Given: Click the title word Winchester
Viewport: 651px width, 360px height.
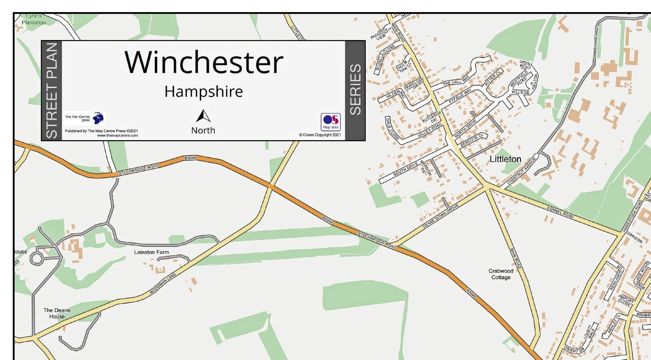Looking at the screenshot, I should [x=204, y=62].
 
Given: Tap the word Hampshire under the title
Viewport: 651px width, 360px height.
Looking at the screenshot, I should [x=204, y=91].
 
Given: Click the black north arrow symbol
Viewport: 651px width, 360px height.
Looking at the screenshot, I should [x=203, y=116].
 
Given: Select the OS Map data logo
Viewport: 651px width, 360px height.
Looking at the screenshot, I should [x=330, y=122].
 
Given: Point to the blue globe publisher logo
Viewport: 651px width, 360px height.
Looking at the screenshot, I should [x=98, y=118].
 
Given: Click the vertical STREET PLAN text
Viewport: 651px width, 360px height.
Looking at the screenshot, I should [x=51, y=90].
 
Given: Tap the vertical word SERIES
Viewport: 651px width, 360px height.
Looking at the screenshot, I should [x=355, y=90].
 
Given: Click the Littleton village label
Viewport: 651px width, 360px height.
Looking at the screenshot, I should [x=505, y=159].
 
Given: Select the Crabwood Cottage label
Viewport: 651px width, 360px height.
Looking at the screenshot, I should [x=501, y=274].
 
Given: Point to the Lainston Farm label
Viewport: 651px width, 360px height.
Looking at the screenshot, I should [x=151, y=252].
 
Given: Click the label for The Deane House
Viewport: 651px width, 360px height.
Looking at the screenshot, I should [x=57, y=313].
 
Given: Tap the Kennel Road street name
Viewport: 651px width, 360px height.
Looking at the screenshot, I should [x=560, y=212].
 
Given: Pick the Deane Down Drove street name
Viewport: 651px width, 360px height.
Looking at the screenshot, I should [x=440, y=216].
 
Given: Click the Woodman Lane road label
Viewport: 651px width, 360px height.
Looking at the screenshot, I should [x=163, y=284].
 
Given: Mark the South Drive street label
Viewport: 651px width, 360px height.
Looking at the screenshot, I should [x=405, y=168].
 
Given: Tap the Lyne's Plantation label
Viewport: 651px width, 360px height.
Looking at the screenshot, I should [x=34, y=19].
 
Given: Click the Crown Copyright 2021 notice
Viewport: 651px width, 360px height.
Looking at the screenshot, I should [x=319, y=135].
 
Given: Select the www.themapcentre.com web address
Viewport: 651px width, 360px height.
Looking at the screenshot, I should [x=117, y=135].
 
